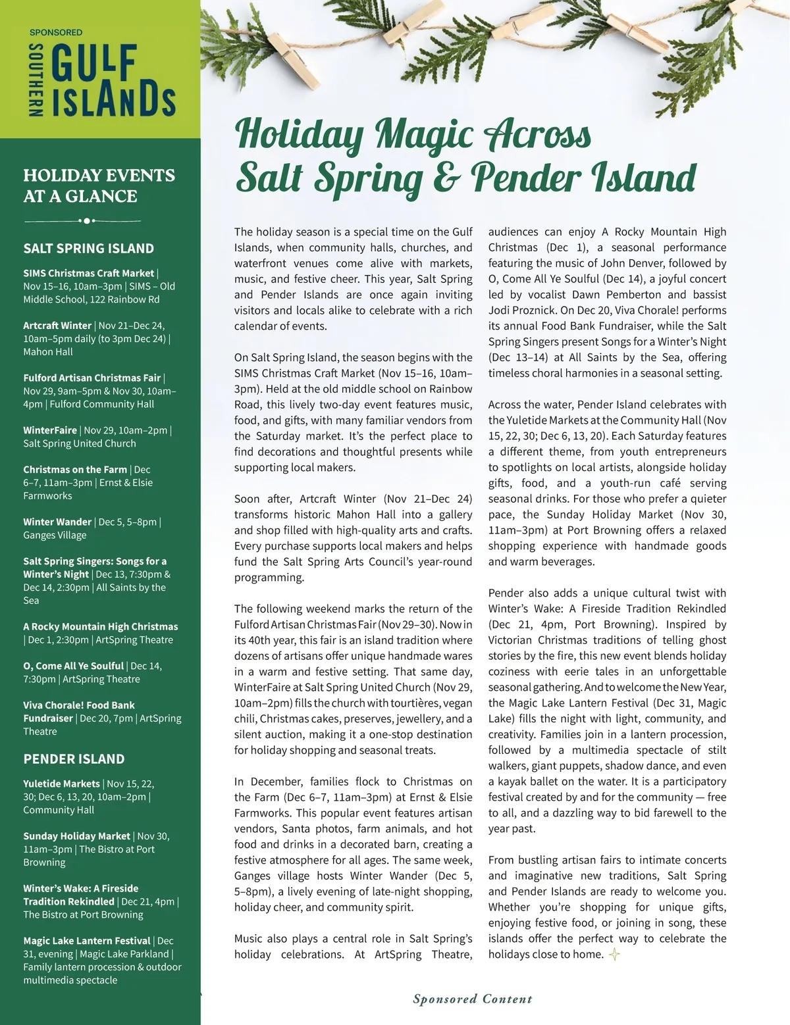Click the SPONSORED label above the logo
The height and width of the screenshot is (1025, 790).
pos(56,32)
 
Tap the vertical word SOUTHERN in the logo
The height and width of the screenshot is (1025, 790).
pos(37,81)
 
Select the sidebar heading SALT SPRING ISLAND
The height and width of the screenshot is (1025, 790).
pos(88,249)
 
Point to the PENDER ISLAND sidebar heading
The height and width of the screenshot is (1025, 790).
pos(74,759)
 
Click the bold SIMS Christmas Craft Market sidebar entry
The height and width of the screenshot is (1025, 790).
pos(88,273)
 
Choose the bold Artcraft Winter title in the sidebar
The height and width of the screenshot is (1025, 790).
pos(57,326)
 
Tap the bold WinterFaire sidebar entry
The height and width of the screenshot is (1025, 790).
pos(50,430)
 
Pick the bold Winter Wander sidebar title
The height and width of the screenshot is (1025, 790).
pos(58,522)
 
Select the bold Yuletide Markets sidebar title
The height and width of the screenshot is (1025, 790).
pos(61,784)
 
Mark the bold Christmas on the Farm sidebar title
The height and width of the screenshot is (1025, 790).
pos(75,470)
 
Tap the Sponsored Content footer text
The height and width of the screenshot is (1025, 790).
pos(473,999)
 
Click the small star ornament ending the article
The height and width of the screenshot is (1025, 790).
pos(614,954)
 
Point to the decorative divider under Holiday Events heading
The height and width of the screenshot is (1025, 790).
pos(82,220)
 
